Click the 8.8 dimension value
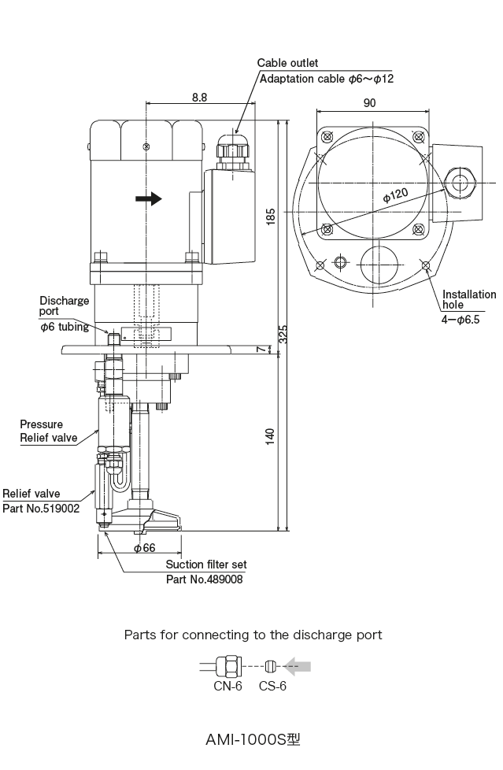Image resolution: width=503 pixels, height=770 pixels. click(199, 97)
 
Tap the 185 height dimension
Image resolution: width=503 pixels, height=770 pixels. click(271, 218)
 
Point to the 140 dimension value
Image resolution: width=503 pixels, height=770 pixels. click(271, 438)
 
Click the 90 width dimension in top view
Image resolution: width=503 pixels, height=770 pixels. click(371, 102)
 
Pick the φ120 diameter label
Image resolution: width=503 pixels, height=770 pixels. click(395, 194)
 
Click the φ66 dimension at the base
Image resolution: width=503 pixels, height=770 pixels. click(143, 548)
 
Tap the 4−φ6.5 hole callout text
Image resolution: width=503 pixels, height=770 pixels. click(460, 319)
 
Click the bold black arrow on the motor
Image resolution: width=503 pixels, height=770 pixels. click(148, 198)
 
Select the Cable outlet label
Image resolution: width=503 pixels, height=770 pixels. click(288, 63)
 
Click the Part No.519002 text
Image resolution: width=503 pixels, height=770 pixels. click(41, 509)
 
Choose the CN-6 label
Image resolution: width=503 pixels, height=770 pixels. click(227, 687)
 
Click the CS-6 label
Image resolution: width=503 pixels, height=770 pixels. click(272, 687)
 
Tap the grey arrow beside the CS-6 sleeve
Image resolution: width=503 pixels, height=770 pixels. click(297, 667)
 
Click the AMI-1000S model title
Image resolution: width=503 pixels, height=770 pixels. click(253, 740)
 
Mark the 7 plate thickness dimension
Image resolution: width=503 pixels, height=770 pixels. click(269, 349)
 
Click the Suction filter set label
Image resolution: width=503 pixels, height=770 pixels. click(206, 565)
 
